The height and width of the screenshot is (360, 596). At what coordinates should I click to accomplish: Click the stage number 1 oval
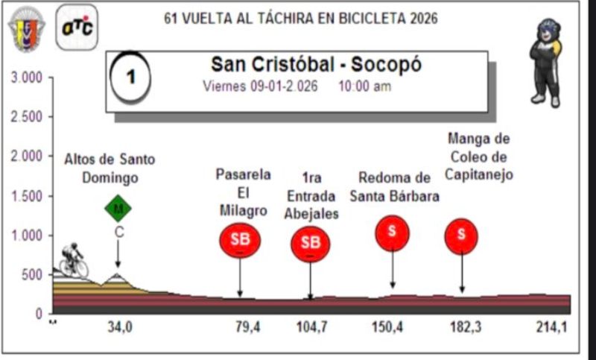point(130,77)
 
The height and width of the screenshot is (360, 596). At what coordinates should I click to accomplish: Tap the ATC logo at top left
point(76,27)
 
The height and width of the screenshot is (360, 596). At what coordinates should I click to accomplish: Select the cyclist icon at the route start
point(74,259)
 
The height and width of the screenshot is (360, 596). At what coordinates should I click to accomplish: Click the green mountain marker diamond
point(118,209)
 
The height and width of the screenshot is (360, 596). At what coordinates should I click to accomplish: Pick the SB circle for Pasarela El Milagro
point(240,240)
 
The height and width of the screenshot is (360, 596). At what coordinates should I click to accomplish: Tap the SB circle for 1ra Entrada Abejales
point(310,243)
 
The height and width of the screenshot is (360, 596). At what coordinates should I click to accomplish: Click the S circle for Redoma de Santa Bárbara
point(393,233)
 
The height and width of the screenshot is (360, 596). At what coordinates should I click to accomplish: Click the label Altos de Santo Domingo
point(110,168)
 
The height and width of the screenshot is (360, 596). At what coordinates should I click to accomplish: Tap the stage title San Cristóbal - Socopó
point(316,65)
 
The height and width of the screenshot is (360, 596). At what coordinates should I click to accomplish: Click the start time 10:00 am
point(364,86)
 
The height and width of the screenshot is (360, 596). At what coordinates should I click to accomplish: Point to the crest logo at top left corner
point(26,28)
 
